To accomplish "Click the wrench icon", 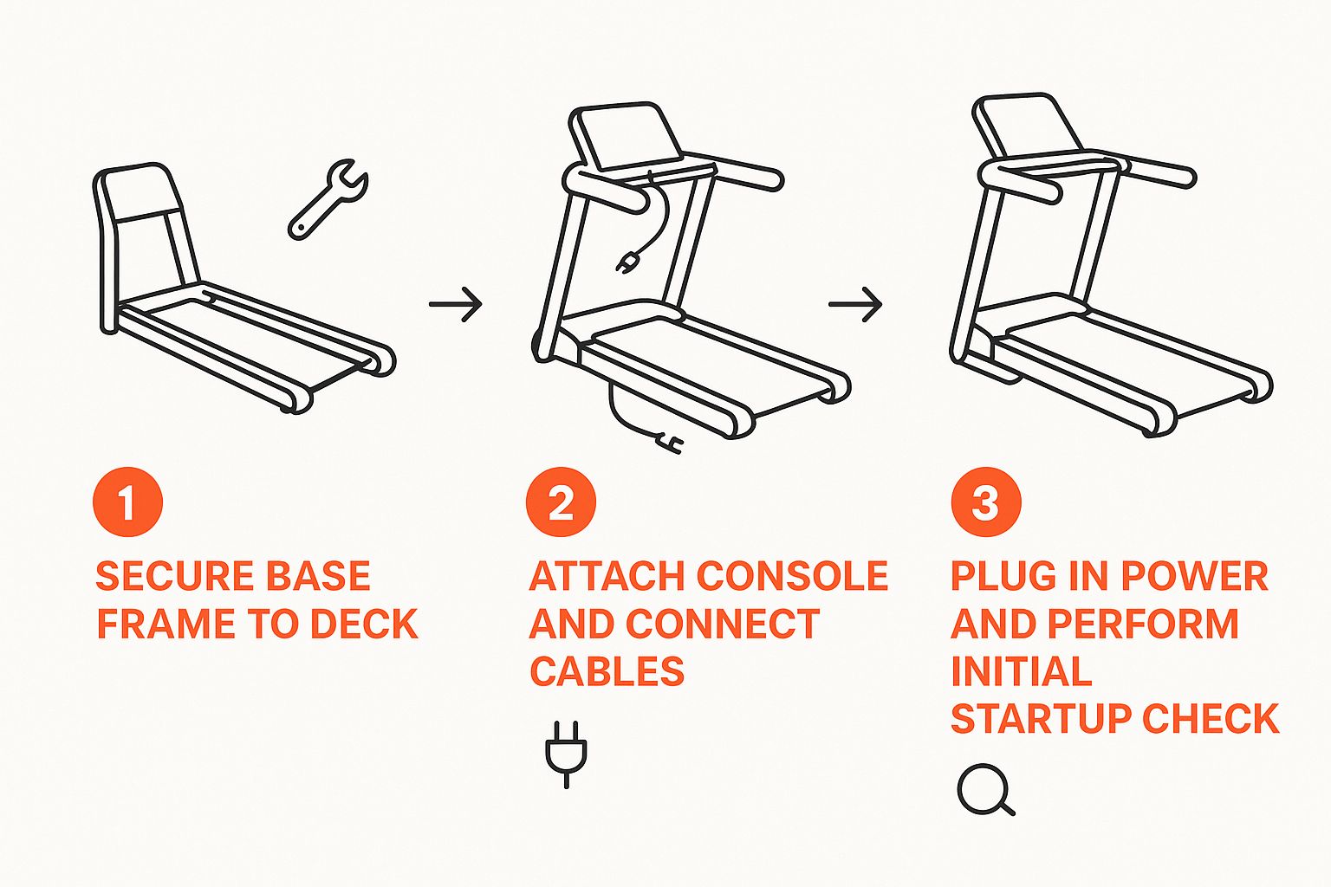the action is [x=328, y=199].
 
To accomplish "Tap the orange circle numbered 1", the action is [x=127, y=502].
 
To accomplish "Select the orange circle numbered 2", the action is [x=561, y=502].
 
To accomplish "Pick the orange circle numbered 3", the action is [x=986, y=502].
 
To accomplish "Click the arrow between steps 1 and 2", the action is [x=455, y=304].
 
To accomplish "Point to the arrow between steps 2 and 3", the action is [x=855, y=304].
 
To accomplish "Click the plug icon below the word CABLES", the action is [x=566, y=754].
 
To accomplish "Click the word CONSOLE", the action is [x=791, y=576].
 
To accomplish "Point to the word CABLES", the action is [x=607, y=671].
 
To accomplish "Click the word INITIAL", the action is [x=1022, y=671].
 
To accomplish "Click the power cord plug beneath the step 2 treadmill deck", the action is [x=670, y=443].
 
